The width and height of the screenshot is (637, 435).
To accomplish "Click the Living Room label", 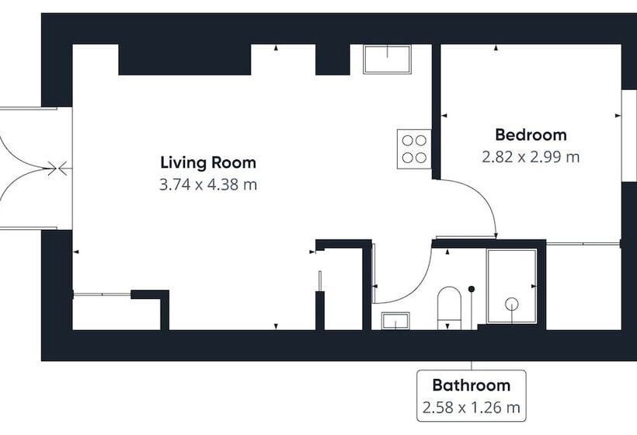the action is point(208,162).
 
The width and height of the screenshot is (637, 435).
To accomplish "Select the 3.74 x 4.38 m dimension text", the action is point(208,185).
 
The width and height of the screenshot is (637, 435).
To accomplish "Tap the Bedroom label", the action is point(531,135).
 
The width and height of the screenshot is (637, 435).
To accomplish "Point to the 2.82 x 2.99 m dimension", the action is point(531,157).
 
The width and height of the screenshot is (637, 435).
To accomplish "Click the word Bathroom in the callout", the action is point(472,385).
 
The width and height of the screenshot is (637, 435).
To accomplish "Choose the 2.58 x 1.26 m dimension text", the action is point(472,407).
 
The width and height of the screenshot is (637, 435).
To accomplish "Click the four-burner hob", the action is point(414,149).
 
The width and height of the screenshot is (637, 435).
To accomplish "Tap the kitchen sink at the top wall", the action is point(387,59).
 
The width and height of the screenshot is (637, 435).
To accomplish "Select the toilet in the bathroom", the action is point(449,308).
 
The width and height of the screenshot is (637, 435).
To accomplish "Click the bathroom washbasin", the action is point(395,321).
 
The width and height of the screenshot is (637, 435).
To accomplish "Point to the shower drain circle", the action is point(511,304).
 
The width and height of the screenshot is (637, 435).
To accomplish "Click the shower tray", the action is point(512,287).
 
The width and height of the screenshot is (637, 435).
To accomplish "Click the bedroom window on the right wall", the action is point(629,135).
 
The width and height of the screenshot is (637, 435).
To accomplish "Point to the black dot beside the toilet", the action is point(472,289).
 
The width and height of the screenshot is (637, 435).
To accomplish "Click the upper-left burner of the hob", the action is point(408,141).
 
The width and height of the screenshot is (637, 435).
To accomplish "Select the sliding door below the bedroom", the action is point(583,244).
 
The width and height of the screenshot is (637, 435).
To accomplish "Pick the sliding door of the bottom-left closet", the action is point(102,294).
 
